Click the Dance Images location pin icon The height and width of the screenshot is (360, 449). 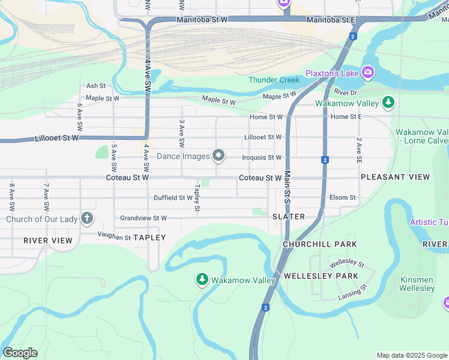pyautogui.click(x=218, y=156)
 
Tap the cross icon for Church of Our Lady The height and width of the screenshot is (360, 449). pyautogui.click(x=87, y=218)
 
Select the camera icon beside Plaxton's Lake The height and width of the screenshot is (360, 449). pyautogui.click(x=367, y=73)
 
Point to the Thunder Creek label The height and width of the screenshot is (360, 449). pyautogui.click(x=274, y=80)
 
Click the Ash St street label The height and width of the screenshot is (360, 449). pyautogui.click(x=95, y=86)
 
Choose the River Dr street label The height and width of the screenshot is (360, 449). pyautogui.click(x=345, y=92)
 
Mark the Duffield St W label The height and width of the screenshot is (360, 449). pyautogui.click(x=173, y=197)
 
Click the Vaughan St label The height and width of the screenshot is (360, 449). pyautogui.click(x=114, y=238)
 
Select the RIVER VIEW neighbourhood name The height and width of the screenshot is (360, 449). pyautogui.click(x=48, y=241)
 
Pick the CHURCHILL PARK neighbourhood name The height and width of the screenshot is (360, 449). pyautogui.click(x=320, y=244)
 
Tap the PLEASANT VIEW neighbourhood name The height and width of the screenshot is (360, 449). pyautogui.click(x=395, y=177)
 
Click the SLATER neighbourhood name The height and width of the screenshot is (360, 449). pyautogui.click(x=288, y=216)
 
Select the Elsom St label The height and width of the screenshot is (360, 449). pyautogui.click(x=342, y=197)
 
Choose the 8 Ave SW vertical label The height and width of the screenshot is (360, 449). pyautogui.click(x=11, y=197)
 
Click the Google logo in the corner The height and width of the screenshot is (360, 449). pyautogui.click(x=20, y=353)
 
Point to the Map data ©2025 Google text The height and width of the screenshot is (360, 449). pyautogui.click(x=411, y=355)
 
